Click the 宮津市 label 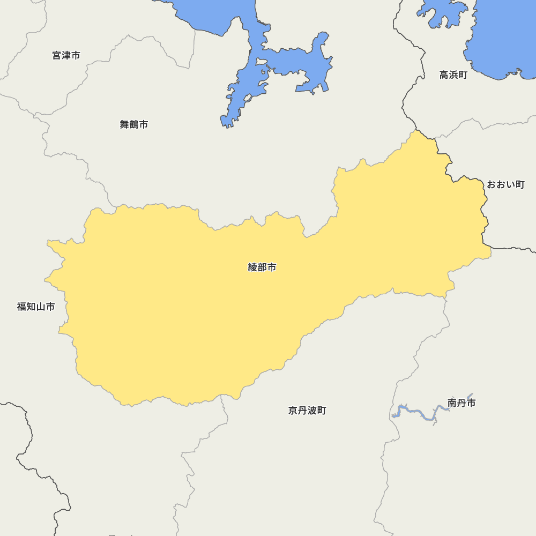(66, 55)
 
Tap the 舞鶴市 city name (134, 124)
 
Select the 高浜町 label (453, 75)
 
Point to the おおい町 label (505, 184)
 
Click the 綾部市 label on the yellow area (262, 267)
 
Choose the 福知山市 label (36, 307)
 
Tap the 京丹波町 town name (307, 411)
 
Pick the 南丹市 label (461, 403)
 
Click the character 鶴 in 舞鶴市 (134, 124)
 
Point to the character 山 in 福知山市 (41, 307)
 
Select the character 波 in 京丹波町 (312, 411)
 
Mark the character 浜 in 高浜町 (453, 75)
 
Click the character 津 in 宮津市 (66, 55)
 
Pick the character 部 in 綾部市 (262, 267)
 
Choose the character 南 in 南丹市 (452, 403)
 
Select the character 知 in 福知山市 (31, 307)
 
